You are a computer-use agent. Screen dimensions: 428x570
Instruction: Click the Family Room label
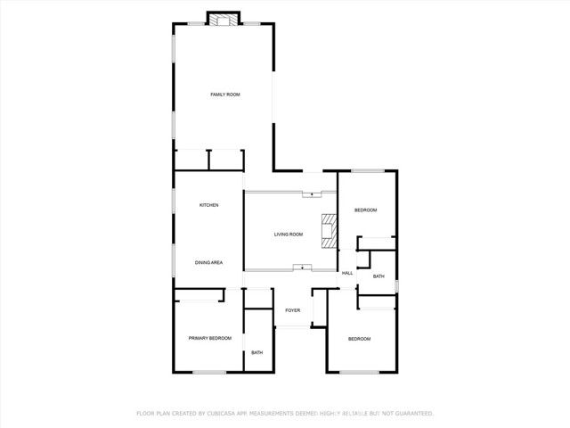[224, 95]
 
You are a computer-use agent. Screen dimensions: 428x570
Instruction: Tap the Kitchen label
[208, 205]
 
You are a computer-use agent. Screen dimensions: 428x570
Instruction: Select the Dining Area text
[208, 262]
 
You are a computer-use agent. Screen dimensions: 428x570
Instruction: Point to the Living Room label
[288, 235]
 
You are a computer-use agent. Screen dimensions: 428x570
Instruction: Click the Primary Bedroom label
[209, 338]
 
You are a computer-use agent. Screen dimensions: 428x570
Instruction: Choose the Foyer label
[292, 310]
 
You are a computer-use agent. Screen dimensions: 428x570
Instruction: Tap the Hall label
[347, 273]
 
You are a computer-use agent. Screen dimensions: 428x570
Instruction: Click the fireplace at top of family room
[224, 18]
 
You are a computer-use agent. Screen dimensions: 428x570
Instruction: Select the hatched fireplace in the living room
[330, 230]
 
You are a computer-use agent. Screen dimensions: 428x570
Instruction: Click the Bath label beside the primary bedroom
[256, 353]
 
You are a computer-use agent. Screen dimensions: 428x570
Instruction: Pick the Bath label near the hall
[379, 276]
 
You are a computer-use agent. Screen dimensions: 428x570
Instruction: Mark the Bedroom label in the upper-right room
[366, 210]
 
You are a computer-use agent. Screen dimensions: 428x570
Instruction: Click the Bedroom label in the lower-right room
[359, 339]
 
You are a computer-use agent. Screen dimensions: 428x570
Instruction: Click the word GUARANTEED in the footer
[411, 414]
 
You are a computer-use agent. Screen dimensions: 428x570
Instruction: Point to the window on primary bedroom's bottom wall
[209, 372]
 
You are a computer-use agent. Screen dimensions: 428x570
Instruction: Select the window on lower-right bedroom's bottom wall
[360, 372]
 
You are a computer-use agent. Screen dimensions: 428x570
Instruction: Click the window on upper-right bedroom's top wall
[366, 170]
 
